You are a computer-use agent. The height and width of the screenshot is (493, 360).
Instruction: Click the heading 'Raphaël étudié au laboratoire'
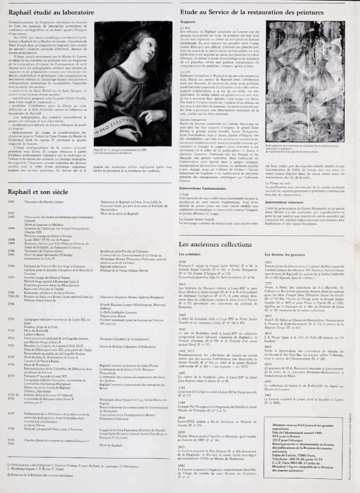[48, 12]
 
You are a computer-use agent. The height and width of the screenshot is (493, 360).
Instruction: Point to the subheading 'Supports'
[188, 22]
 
